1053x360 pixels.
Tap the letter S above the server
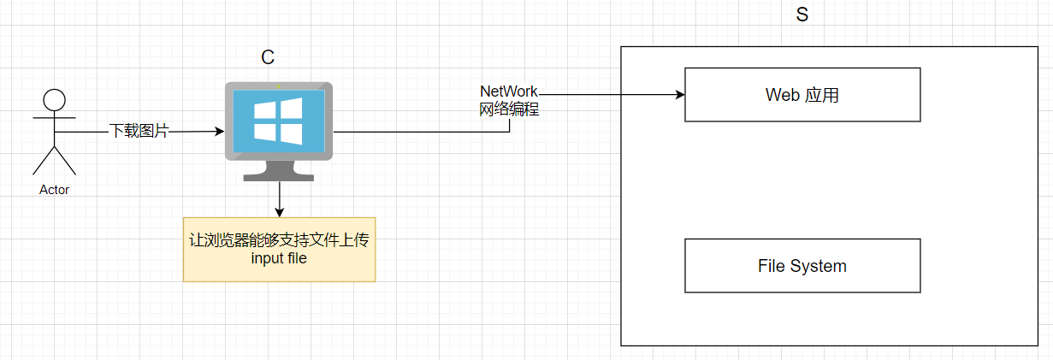click(x=802, y=15)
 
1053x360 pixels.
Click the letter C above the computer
click(x=268, y=57)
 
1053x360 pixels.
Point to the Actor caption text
click(x=54, y=190)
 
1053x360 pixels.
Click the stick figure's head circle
click(x=54, y=99)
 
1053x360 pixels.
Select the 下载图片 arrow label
click(x=139, y=132)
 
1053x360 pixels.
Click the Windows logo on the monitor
click(x=278, y=120)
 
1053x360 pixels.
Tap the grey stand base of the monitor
click(x=278, y=175)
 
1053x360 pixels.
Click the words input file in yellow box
click(x=279, y=258)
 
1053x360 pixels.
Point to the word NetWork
click(x=509, y=91)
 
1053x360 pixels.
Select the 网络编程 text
click(x=509, y=109)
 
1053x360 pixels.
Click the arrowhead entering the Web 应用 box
click(x=680, y=94)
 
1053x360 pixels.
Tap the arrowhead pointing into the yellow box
click(x=279, y=211)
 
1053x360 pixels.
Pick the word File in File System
click(x=772, y=266)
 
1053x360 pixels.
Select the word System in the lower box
click(x=819, y=266)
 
